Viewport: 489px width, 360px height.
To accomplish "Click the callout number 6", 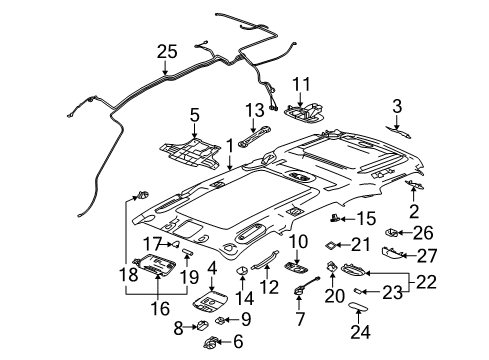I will [237, 342].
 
